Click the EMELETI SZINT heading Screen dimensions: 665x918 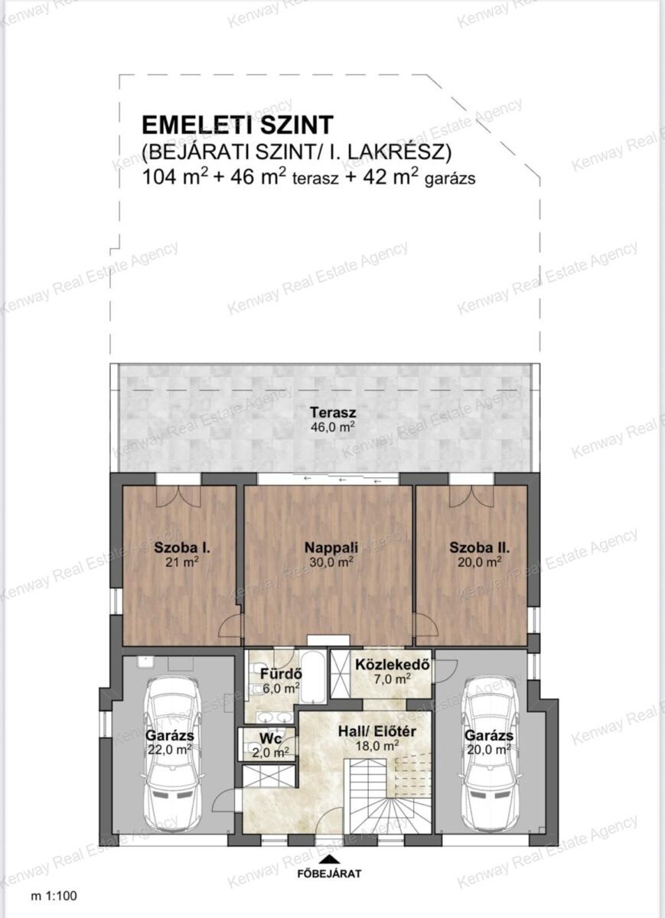pyautogui.click(x=237, y=125)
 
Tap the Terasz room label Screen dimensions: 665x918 pyautogui.click(x=332, y=412)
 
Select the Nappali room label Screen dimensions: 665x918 pyautogui.click(x=331, y=547)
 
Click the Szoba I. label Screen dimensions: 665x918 pyautogui.click(x=181, y=548)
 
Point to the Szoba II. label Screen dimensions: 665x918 pyautogui.click(x=480, y=548)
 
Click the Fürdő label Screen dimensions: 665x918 pyautogui.click(x=282, y=673)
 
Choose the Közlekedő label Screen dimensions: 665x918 pyautogui.click(x=393, y=664)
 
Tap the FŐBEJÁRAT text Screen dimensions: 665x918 pyautogui.click(x=330, y=874)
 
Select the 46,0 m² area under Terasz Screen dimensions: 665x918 pyautogui.click(x=332, y=427)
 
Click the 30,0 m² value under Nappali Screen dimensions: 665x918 pyautogui.click(x=331, y=562)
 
